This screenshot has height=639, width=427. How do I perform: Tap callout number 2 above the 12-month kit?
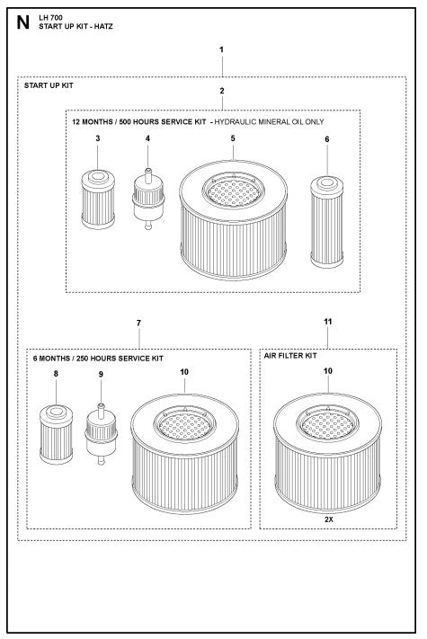pos(221,91)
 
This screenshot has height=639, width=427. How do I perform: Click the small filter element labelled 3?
pos(98,200)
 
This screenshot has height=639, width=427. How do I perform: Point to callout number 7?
pos(139,322)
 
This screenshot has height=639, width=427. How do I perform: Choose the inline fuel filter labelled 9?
pos(101,435)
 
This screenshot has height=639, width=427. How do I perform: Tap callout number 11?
pos(327,322)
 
